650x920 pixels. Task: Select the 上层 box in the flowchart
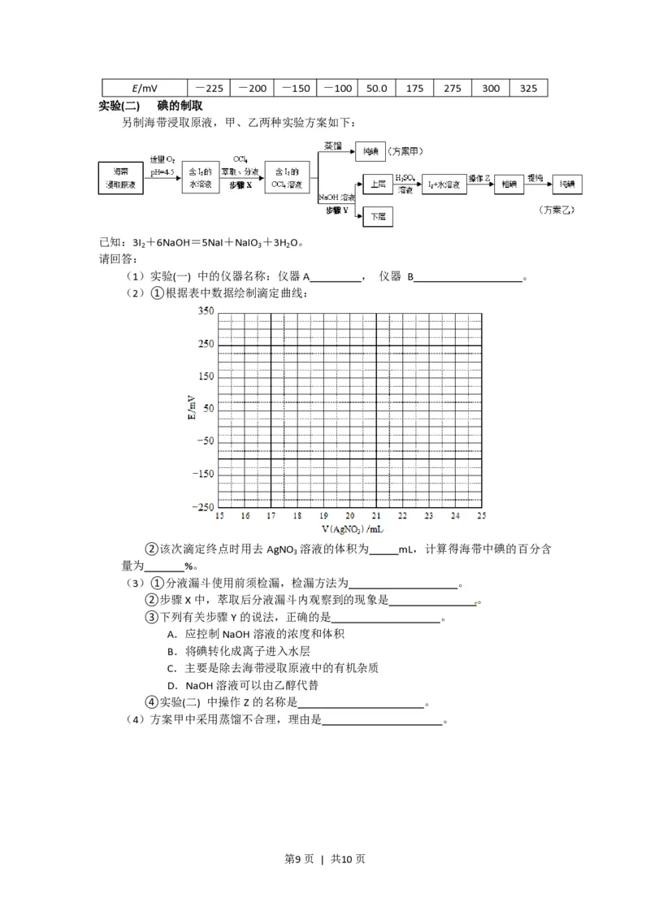(x=378, y=184)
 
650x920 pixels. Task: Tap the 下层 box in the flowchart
(x=378, y=217)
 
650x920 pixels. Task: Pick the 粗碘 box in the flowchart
(x=509, y=184)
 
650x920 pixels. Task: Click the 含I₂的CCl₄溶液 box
(x=287, y=179)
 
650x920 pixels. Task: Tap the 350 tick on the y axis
(x=205, y=311)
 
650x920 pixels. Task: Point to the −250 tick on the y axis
(x=202, y=506)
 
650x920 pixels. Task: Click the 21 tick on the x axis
(x=376, y=516)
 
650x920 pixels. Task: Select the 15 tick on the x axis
(x=219, y=516)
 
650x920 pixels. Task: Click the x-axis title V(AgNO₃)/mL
(x=349, y=529)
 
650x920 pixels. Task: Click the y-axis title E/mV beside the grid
(x=192, y=408)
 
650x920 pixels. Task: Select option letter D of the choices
(x=172, y=685)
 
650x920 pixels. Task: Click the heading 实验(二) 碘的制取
(x=150, y=106)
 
